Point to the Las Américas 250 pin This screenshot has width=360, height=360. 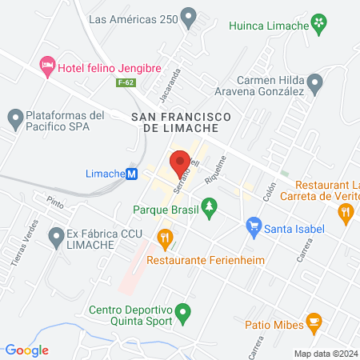[x=189, y=16]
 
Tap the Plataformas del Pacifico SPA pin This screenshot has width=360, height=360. [x=14, y=121]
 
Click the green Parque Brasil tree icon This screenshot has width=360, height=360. [x=210, y=210]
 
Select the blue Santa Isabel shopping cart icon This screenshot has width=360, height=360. [x=254, y=227]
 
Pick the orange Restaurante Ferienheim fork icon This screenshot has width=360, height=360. [x=166, y=237]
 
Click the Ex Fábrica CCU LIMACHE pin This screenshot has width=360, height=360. [x=55, y=236]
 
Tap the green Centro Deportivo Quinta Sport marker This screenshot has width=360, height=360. [x=183, y=311]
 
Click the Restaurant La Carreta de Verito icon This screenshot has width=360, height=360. [x=346, y=212]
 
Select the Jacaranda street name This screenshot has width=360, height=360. [x=174, y=82]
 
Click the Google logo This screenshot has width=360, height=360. [x=26, y=350]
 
